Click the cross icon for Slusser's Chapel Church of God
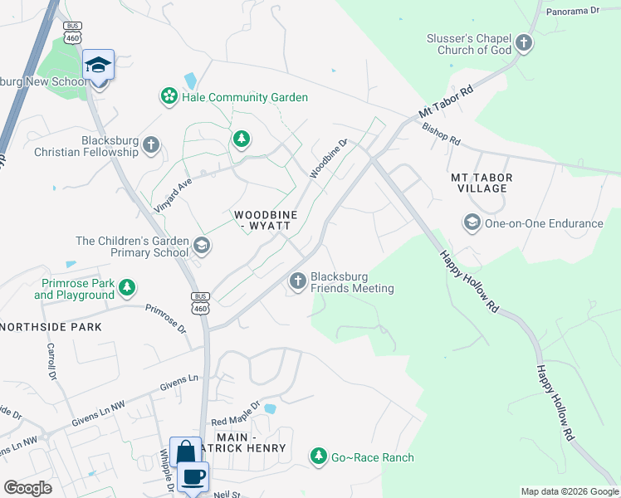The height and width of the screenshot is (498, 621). click(x=523, y=43)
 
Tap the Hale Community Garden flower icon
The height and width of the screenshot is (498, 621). click(x=169, y=97)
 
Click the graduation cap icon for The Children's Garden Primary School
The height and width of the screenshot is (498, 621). click(x=201, y=246)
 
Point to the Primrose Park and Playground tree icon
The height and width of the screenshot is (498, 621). click(x=126, y=288)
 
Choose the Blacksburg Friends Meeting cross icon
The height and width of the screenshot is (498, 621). click(x=297, y=282)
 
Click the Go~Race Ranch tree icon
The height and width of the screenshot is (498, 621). click(x=318, y=456)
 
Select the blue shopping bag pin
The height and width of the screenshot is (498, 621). click(x=185, y=453)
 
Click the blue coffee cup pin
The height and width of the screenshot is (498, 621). click(x=194, y=476)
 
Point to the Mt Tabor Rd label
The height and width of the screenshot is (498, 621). click(x=446, y=100)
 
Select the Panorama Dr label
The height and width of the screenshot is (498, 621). click(x=572, y=12)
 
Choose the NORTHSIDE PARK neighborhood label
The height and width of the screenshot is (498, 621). click(x=51, y=327)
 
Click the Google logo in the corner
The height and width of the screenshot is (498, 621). click(x=27, y=487)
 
